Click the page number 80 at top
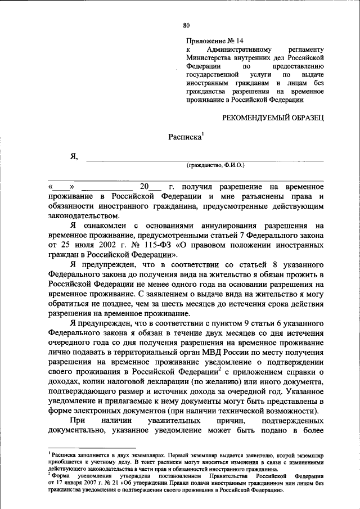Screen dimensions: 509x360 (x=187, y=24)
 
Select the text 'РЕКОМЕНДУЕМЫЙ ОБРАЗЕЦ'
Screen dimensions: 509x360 (x=273, y=118)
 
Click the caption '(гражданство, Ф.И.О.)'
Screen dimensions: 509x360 (x=216, y=165)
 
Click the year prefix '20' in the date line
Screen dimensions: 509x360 (x=145, y=186)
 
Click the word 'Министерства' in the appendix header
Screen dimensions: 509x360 (x=209, y=57)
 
